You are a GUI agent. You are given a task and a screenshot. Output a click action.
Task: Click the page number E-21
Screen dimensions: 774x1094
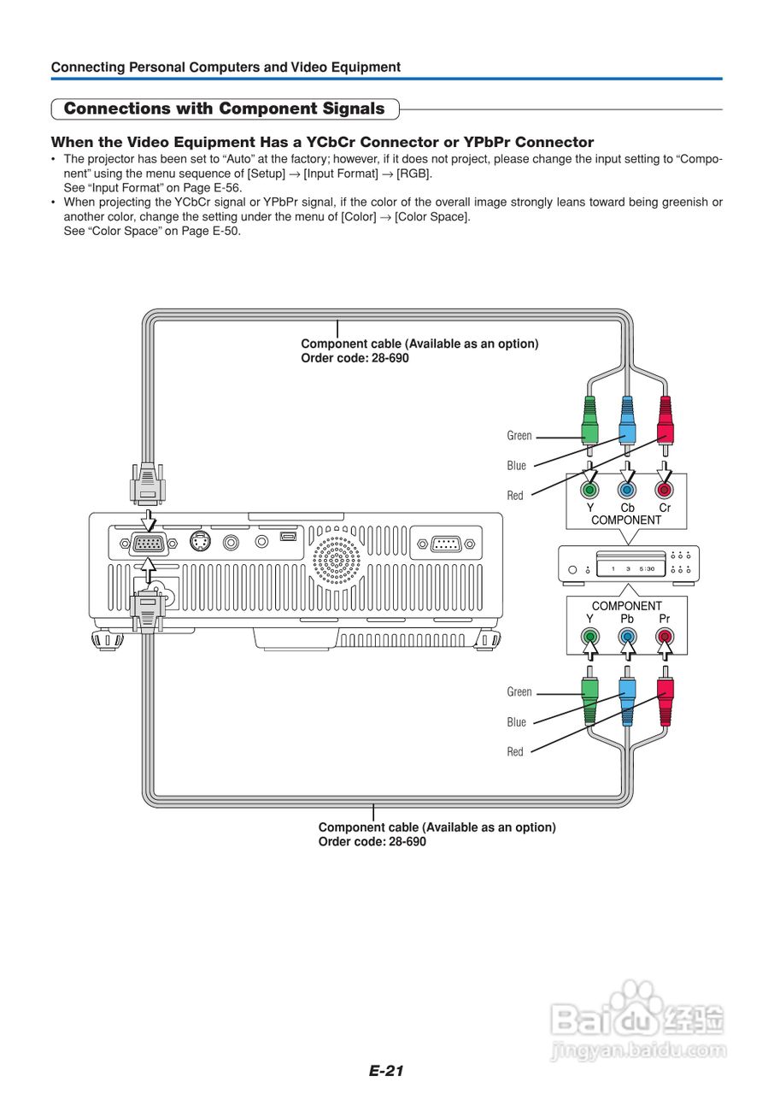(x=386, y=1071)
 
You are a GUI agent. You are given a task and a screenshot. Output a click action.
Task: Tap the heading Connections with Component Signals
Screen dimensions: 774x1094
(x=225, y=109)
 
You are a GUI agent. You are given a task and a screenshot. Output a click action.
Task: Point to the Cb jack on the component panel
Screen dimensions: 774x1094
(x=627, y=489)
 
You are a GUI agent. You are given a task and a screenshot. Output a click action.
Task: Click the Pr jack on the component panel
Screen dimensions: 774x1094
(x=665, y=637)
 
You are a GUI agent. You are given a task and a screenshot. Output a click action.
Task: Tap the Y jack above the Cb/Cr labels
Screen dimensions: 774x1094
(x=590, y=489)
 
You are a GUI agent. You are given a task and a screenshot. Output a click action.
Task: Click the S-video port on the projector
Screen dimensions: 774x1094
(x=200, y=541)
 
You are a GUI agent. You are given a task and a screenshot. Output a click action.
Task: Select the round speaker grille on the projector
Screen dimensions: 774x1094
(x=337, y=560)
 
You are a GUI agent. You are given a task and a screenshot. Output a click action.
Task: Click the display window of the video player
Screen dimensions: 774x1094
(x=631, y=568)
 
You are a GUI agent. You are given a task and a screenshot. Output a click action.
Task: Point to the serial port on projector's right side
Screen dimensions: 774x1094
(x=446, y=544)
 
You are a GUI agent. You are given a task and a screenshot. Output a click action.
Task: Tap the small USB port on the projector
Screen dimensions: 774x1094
(x=288, y=537)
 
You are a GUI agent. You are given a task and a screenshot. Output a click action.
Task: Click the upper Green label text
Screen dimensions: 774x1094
(x=519, y=436)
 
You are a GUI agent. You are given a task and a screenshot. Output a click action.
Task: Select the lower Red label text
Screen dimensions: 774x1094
(x=515, y=752)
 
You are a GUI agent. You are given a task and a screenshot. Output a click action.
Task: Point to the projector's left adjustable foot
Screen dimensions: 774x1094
(x=108, y=641)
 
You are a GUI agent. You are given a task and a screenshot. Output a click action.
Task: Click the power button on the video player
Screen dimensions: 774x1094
(x=573, y=569)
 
